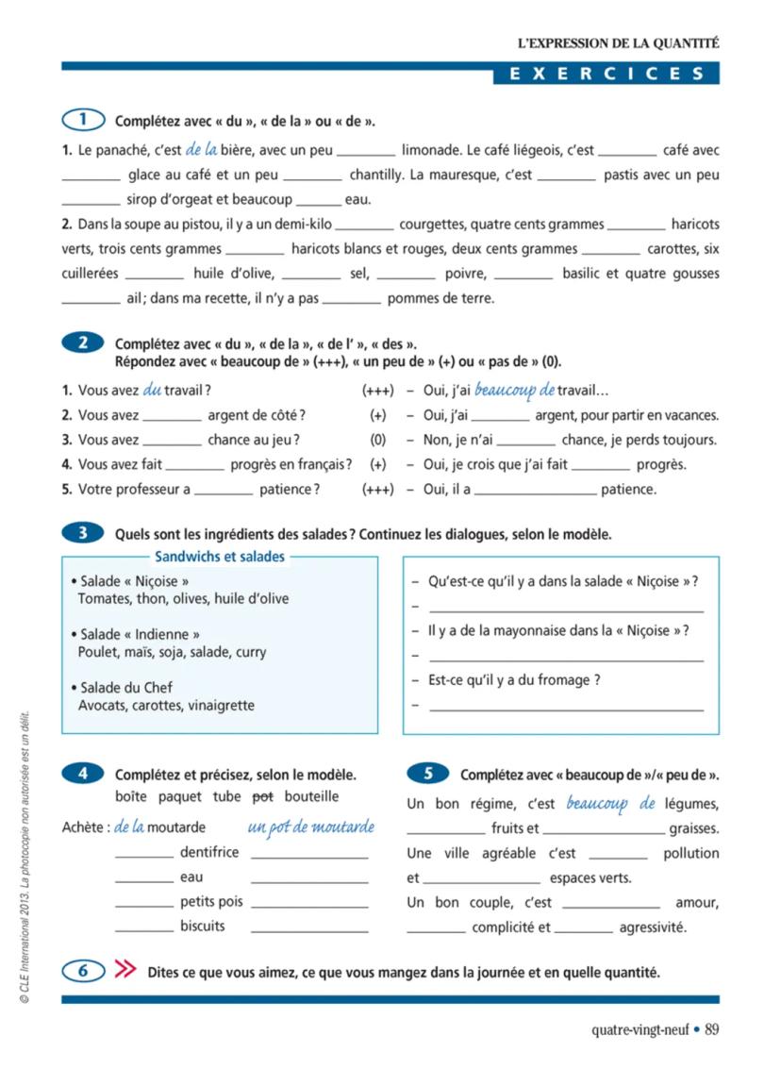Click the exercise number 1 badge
[83, 120]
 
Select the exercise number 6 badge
[83, 971]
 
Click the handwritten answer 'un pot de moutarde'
[310, 827]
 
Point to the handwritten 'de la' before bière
[202, 149]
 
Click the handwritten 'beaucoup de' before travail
[514, 390]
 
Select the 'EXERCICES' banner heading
[607, 74]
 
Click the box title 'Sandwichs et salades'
[219, 557]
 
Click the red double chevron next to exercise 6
[125, 971]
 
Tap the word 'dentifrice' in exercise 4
[209, 852]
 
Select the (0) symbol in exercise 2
[377, 440]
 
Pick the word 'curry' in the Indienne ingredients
[250, 652]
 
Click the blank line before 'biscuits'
[143, 927]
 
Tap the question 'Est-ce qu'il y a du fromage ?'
[514, 679]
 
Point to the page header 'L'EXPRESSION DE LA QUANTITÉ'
[618, 42]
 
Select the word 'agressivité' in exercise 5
[653, 927]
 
